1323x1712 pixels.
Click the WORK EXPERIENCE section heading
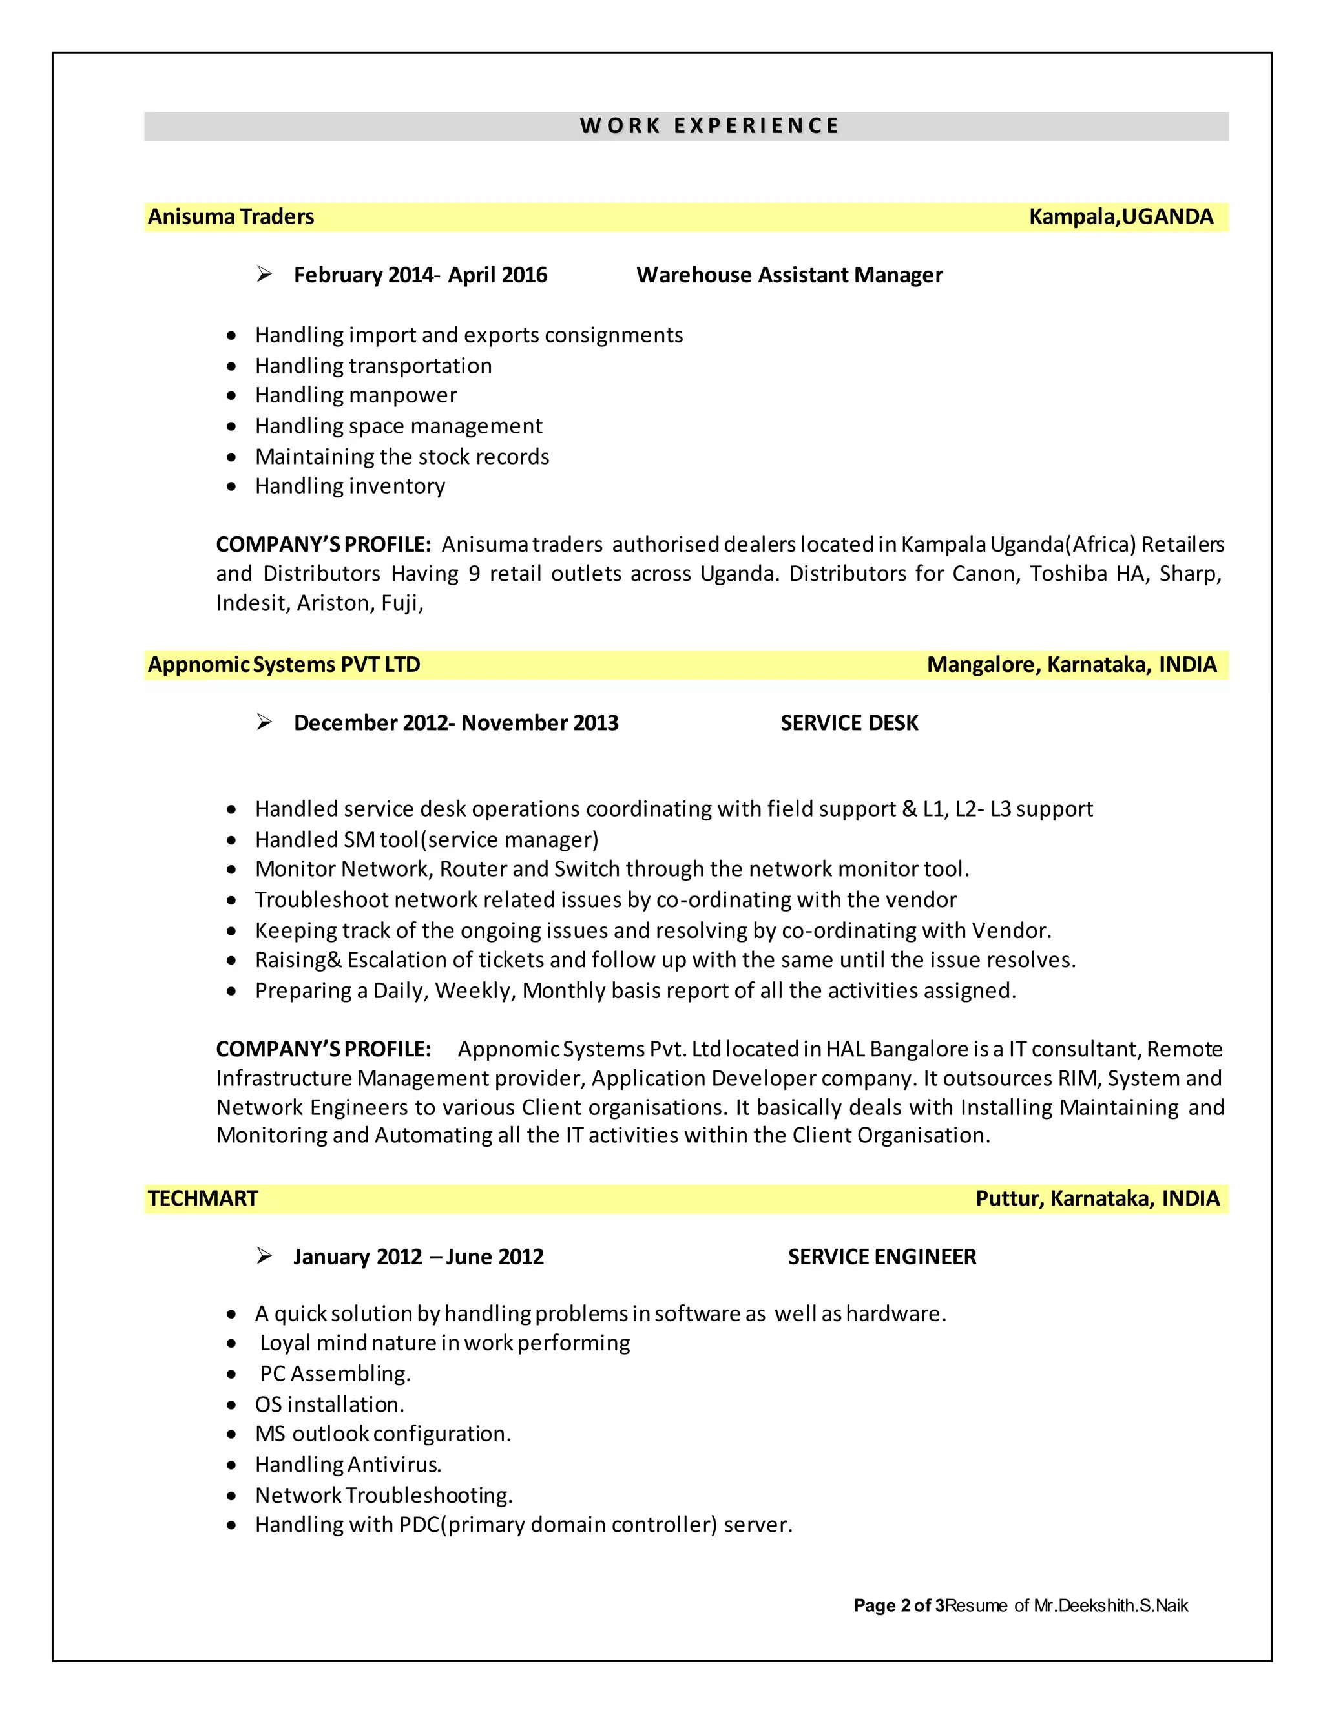pyautogui.click(x=709, y=125)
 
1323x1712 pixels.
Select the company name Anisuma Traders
pyautogui.click(x=231, y=216)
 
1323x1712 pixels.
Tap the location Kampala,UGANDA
pyautogui.click(x=1121, y=216)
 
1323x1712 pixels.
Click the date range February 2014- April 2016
pyautogui.click(x=420, y=275)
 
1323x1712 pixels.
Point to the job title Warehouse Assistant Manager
pyautogui.click(x=789, y=275)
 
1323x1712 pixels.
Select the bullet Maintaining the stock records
pyautogui.click(x=402, y=456)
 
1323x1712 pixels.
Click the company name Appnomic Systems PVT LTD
pyautogui.click(x=284, y=665)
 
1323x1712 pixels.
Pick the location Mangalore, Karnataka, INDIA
pyautogui.click(x=1072, y=665)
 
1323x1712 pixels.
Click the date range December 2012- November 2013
pyautogui.click(x=456, y=723)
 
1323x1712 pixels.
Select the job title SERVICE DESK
pyautogui.click(x=849, y=723)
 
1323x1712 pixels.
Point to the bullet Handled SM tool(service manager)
pyautogui.click(x=426, y=840)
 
